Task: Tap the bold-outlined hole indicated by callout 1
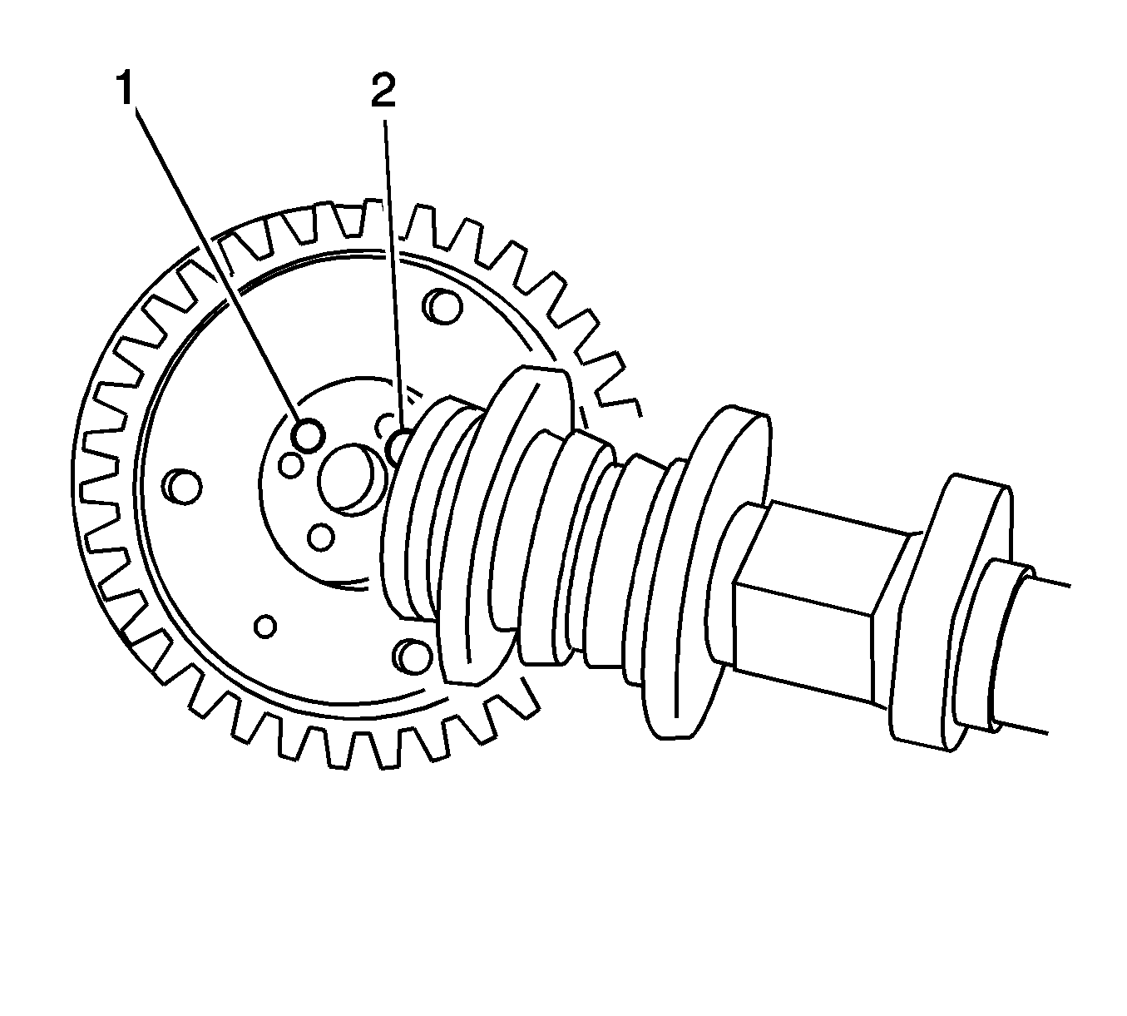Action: click(x=309, y=434)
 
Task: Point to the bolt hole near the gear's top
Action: click(x=444, y=306)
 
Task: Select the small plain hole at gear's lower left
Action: click(x=265, y=625)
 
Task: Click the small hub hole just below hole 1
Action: click(x=290, y=465)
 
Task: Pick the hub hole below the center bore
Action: click(x=321, y=538)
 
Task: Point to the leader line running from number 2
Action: click(x=393, y=275)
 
